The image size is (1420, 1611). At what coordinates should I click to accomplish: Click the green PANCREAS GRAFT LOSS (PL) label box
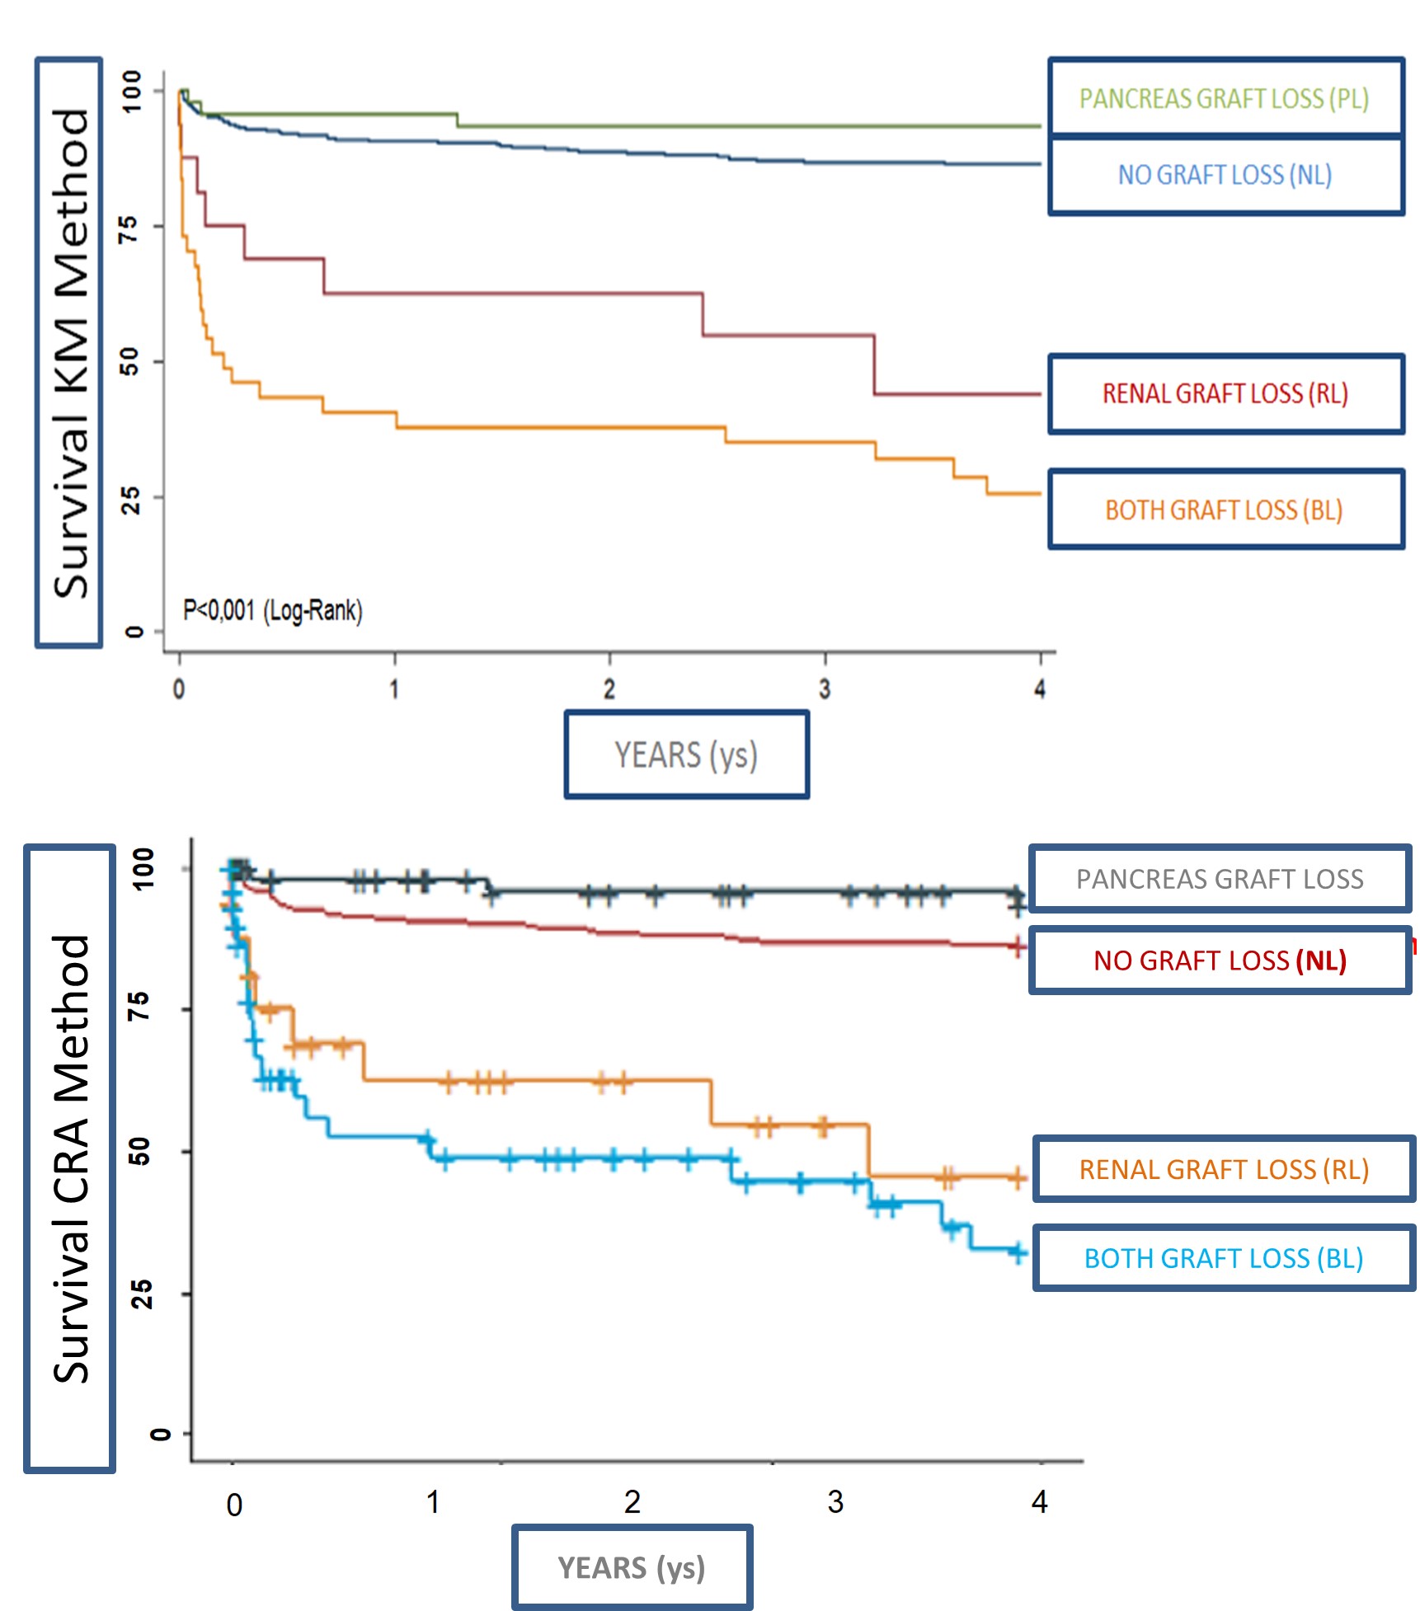coord(1225,99)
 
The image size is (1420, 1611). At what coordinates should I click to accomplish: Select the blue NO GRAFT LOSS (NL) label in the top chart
coord(1225,175)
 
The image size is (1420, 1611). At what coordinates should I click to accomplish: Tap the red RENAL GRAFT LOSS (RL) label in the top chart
coord(1225,394)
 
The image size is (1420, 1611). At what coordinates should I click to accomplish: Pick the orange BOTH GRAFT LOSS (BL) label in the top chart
coord(1225,510)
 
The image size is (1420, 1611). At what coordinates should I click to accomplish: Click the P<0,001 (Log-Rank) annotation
coord(272,611)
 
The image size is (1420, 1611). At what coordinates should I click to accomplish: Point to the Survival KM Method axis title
coord(70,353)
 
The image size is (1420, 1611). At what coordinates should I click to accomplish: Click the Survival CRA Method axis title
coord(70,1158)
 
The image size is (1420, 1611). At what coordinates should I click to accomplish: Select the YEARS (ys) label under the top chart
coord(686,755)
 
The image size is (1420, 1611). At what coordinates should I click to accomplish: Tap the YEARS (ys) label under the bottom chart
coord(632,1567)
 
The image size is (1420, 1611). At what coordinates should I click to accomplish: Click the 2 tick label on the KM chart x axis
coord(609,689)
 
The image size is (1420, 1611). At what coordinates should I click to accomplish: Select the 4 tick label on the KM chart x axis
coord(1040,689)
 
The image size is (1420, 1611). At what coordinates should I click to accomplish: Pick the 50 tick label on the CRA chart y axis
coord(141,1151)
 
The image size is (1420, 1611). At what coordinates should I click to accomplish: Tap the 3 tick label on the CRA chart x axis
coord(835,1502)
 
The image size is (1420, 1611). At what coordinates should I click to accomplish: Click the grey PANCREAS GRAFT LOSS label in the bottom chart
coord(1220,879)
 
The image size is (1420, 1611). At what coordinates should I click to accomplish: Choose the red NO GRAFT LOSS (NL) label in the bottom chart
coord(1220,960)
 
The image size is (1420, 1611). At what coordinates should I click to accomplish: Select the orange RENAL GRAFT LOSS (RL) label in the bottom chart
coord(1224,1169)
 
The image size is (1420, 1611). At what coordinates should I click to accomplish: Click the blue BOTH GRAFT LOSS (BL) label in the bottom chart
coord(1224,1258)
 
